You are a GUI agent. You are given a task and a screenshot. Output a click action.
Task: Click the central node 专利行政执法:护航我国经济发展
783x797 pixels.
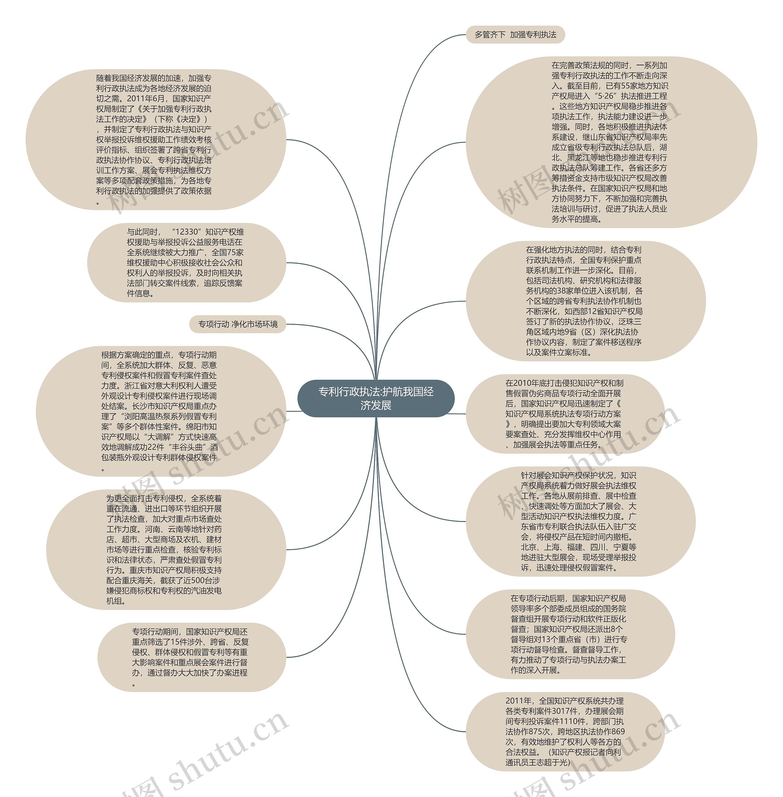tap(376, 398)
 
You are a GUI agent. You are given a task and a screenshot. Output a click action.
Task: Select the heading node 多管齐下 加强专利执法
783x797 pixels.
tap(515, 35)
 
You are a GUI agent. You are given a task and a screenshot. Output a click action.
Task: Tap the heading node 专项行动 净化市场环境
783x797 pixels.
tap(238, 324)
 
